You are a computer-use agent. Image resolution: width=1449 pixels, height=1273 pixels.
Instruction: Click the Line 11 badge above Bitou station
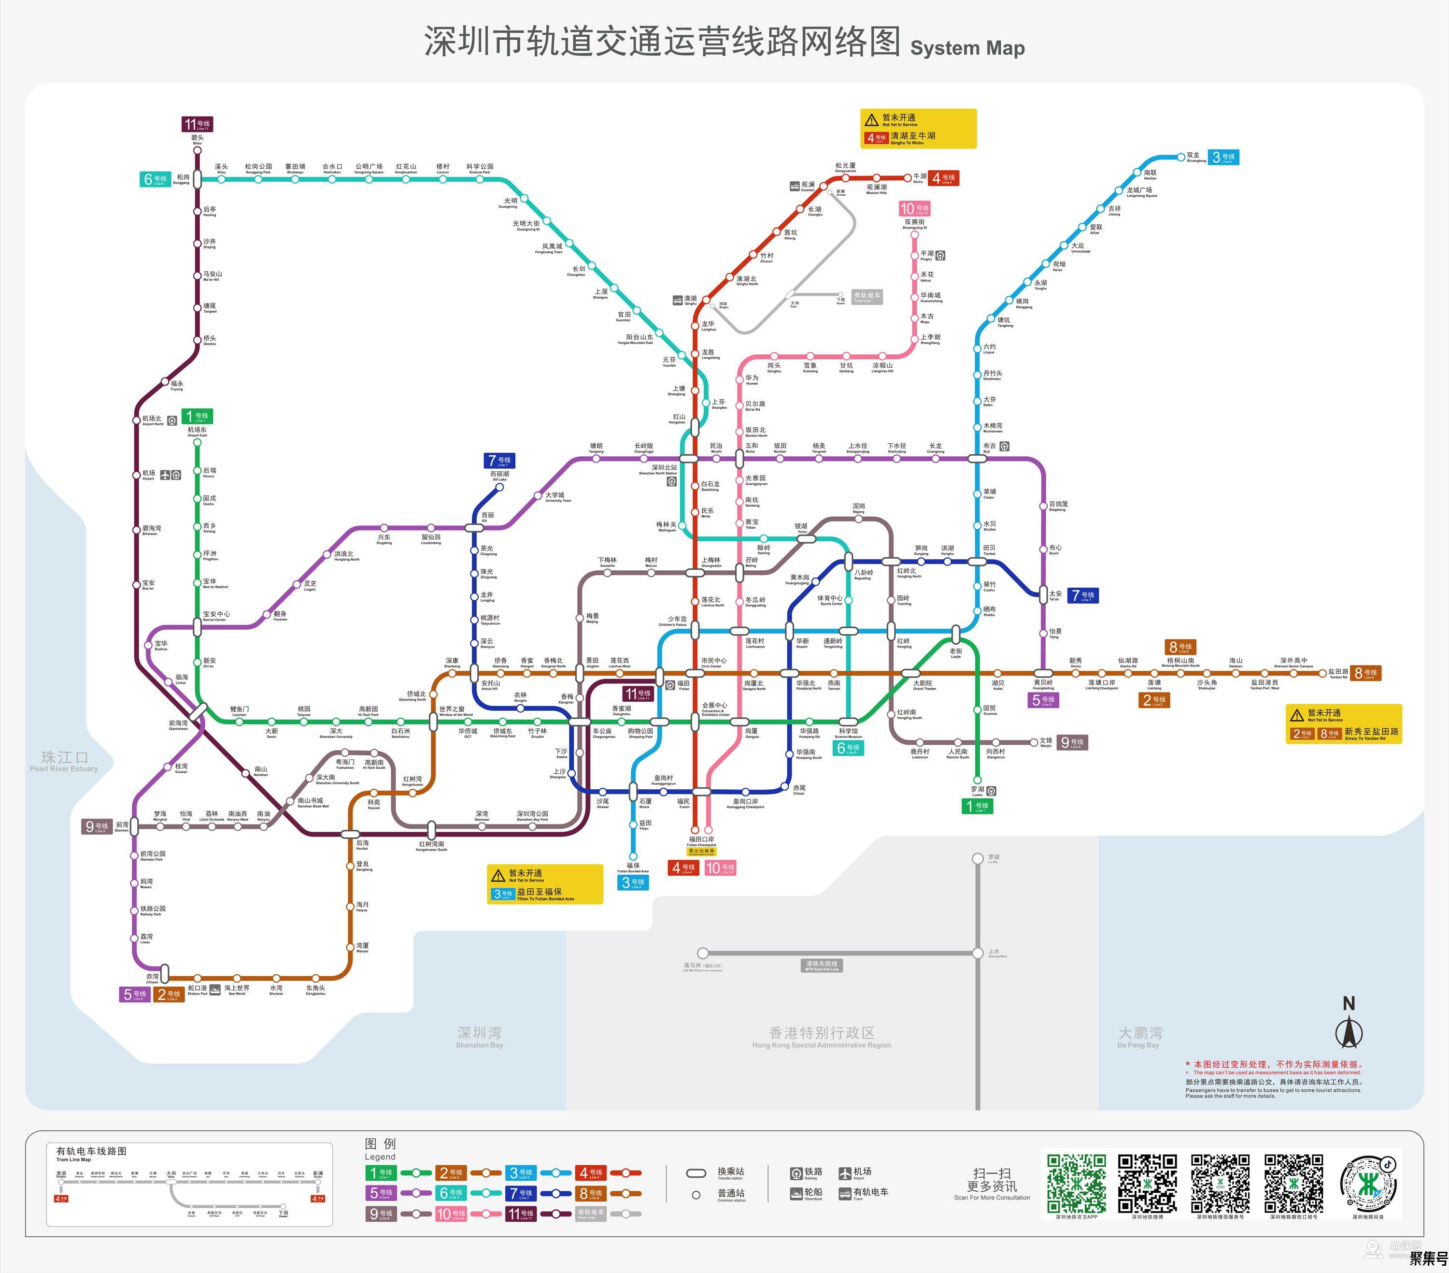pos(197,124)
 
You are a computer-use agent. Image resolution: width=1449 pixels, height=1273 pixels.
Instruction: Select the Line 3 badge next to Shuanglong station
pos(1223,158)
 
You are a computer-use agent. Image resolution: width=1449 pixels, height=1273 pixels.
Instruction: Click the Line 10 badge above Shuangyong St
pos(914,208)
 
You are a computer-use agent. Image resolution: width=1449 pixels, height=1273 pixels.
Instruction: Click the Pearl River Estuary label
pos(64,761)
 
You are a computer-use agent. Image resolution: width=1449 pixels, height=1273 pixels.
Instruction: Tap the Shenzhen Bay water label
pos(479,1036)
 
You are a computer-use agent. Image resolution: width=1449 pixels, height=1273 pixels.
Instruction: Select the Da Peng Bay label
pos(1139,1036)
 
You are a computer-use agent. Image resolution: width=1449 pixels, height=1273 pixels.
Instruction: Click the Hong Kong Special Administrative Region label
pos(821,1036)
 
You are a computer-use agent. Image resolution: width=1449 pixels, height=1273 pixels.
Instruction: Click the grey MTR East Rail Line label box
pos(822,965)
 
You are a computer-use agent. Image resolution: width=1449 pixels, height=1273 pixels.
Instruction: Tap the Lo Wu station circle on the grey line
pos(978,859)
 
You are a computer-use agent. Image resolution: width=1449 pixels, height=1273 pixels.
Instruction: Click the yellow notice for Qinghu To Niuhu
pos(918,129)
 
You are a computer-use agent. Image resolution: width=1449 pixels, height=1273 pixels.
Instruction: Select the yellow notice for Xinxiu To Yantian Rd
pos(1343,723)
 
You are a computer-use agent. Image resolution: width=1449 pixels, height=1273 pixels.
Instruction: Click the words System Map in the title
pos(967,48)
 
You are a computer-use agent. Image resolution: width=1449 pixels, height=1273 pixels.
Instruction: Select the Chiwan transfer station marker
pos(165,973)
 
